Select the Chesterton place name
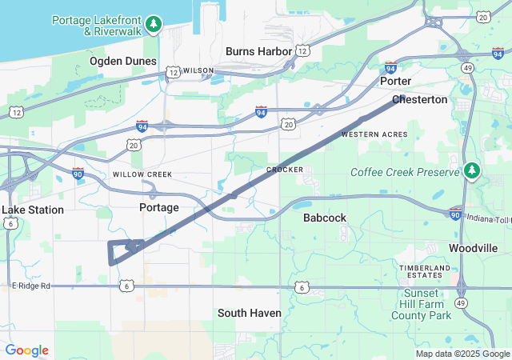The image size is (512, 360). point(420,100)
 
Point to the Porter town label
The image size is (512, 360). point(396,82)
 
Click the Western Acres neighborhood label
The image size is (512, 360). point(374,134)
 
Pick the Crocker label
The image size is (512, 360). point(285,170)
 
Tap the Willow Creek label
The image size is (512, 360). point(142,174)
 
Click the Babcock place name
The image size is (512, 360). point(325,218)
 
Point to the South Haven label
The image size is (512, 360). point(250,313)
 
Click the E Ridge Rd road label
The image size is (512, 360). point(31,286)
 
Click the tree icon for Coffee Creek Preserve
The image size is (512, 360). point(473,170)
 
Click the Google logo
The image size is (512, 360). point(26,350)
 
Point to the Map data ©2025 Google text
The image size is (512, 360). point(462,354)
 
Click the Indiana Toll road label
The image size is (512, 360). point(488,218)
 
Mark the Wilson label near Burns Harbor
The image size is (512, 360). point(198,70)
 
